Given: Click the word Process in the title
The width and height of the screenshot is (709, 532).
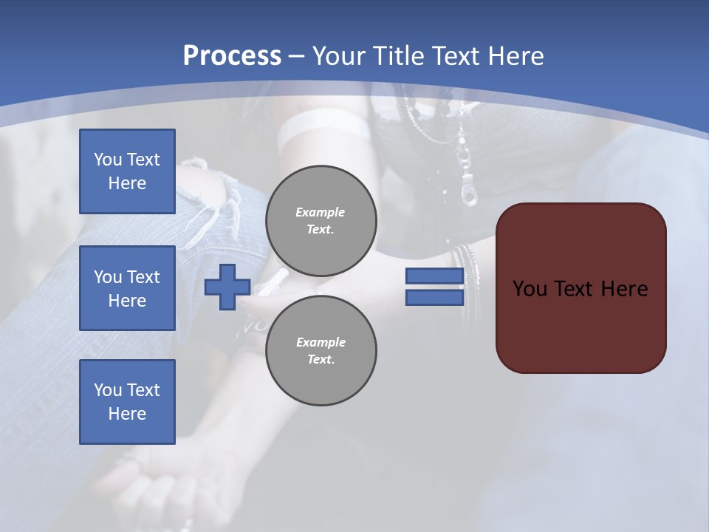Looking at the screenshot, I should click(x=232, y=56).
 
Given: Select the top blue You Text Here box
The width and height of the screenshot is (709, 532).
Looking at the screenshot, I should click(x=127, y=171).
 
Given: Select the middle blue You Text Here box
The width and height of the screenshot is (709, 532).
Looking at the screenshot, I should click(x=127, y=288).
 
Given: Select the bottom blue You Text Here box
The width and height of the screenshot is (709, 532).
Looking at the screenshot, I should click(x=127, y=401).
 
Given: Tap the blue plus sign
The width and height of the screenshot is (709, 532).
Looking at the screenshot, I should click(x=227, y=287).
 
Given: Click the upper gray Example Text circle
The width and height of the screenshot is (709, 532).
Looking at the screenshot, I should click(x=321, y=221).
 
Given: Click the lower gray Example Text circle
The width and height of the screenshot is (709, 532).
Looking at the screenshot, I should click(x=321, y=351).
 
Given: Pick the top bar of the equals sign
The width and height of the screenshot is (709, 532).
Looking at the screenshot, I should click(x=434, y=276).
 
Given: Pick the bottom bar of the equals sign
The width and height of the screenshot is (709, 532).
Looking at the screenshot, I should click(x=434, y=297).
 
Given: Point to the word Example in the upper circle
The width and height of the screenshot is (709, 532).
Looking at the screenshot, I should click(x=320, y=212).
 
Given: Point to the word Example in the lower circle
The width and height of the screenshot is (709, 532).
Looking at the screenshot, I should click(x=321, y=342).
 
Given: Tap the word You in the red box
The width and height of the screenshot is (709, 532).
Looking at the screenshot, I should click(x=529, y=289).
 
